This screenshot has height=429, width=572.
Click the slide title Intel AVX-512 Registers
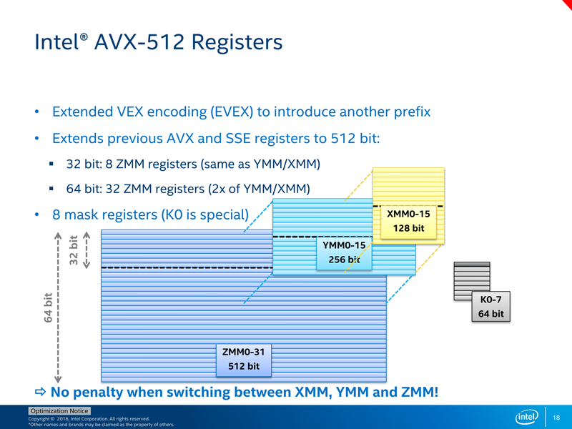tap(158, 42)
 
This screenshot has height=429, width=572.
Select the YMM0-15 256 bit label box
tap(343, 252)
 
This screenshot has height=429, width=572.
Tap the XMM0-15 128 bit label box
tap(408, 221)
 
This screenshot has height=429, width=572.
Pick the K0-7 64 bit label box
tap(490, 307)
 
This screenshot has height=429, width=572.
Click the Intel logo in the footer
tap(526, 417)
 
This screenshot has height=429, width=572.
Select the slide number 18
tap(557, 417)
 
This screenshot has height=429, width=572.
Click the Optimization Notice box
tap(59, 411)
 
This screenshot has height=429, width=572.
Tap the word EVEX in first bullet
tap(228, 112)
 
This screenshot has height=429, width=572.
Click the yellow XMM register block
tap(408, 186)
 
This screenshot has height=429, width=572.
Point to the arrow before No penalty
tap(40, 393)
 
